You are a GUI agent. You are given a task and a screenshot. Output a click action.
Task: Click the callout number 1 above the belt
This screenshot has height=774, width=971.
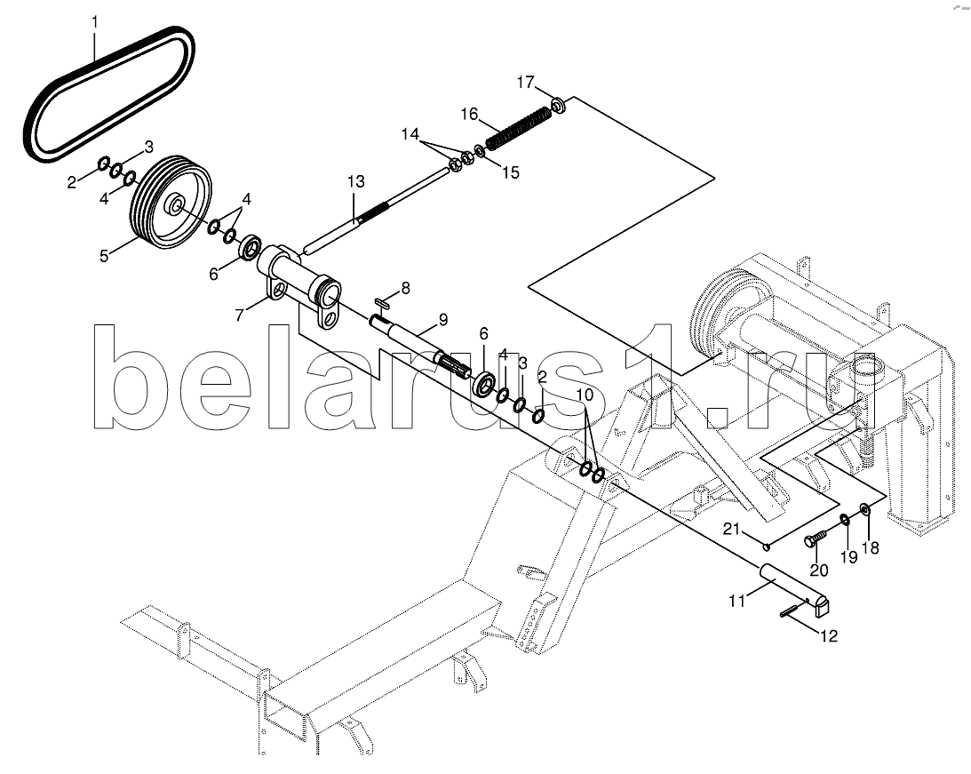[x=95, y=22]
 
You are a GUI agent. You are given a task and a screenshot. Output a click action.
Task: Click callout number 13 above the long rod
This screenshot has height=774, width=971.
[x=355, y=181]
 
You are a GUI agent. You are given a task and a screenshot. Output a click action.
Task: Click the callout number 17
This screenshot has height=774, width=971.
[x=526, y=82]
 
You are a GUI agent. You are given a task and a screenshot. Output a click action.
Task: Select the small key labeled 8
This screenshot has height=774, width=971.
[x=381, y=303]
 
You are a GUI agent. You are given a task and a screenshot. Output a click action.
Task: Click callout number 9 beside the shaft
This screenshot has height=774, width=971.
[x=442, y=320]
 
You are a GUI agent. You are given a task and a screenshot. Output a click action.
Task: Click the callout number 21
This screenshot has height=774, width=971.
[x=732, y=528]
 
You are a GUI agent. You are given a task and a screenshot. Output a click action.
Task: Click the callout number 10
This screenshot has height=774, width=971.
[x=584, y=394]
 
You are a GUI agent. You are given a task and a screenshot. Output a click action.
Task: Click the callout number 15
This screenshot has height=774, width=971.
[x=510, y=172]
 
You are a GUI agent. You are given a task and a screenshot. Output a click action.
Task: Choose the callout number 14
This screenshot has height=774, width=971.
[x=410, y=134]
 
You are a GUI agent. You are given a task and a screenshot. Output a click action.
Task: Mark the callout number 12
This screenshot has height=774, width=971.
[x=829, y=635]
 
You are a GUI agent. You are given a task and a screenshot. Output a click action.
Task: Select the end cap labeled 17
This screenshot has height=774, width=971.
[x=559, y=105]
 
